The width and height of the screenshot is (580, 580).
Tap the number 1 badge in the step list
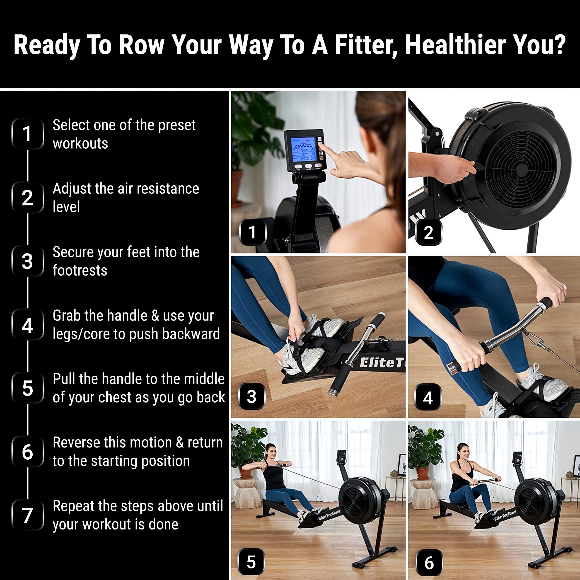click(27, 134)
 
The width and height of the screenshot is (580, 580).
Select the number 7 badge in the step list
click(27, 515)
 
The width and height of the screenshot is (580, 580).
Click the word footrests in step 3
click(80, 271)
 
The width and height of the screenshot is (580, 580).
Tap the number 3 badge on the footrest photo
click(251, 396)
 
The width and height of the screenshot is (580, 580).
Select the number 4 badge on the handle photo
click(428, 397)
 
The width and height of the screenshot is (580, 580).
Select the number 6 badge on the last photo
click(429, 563)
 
